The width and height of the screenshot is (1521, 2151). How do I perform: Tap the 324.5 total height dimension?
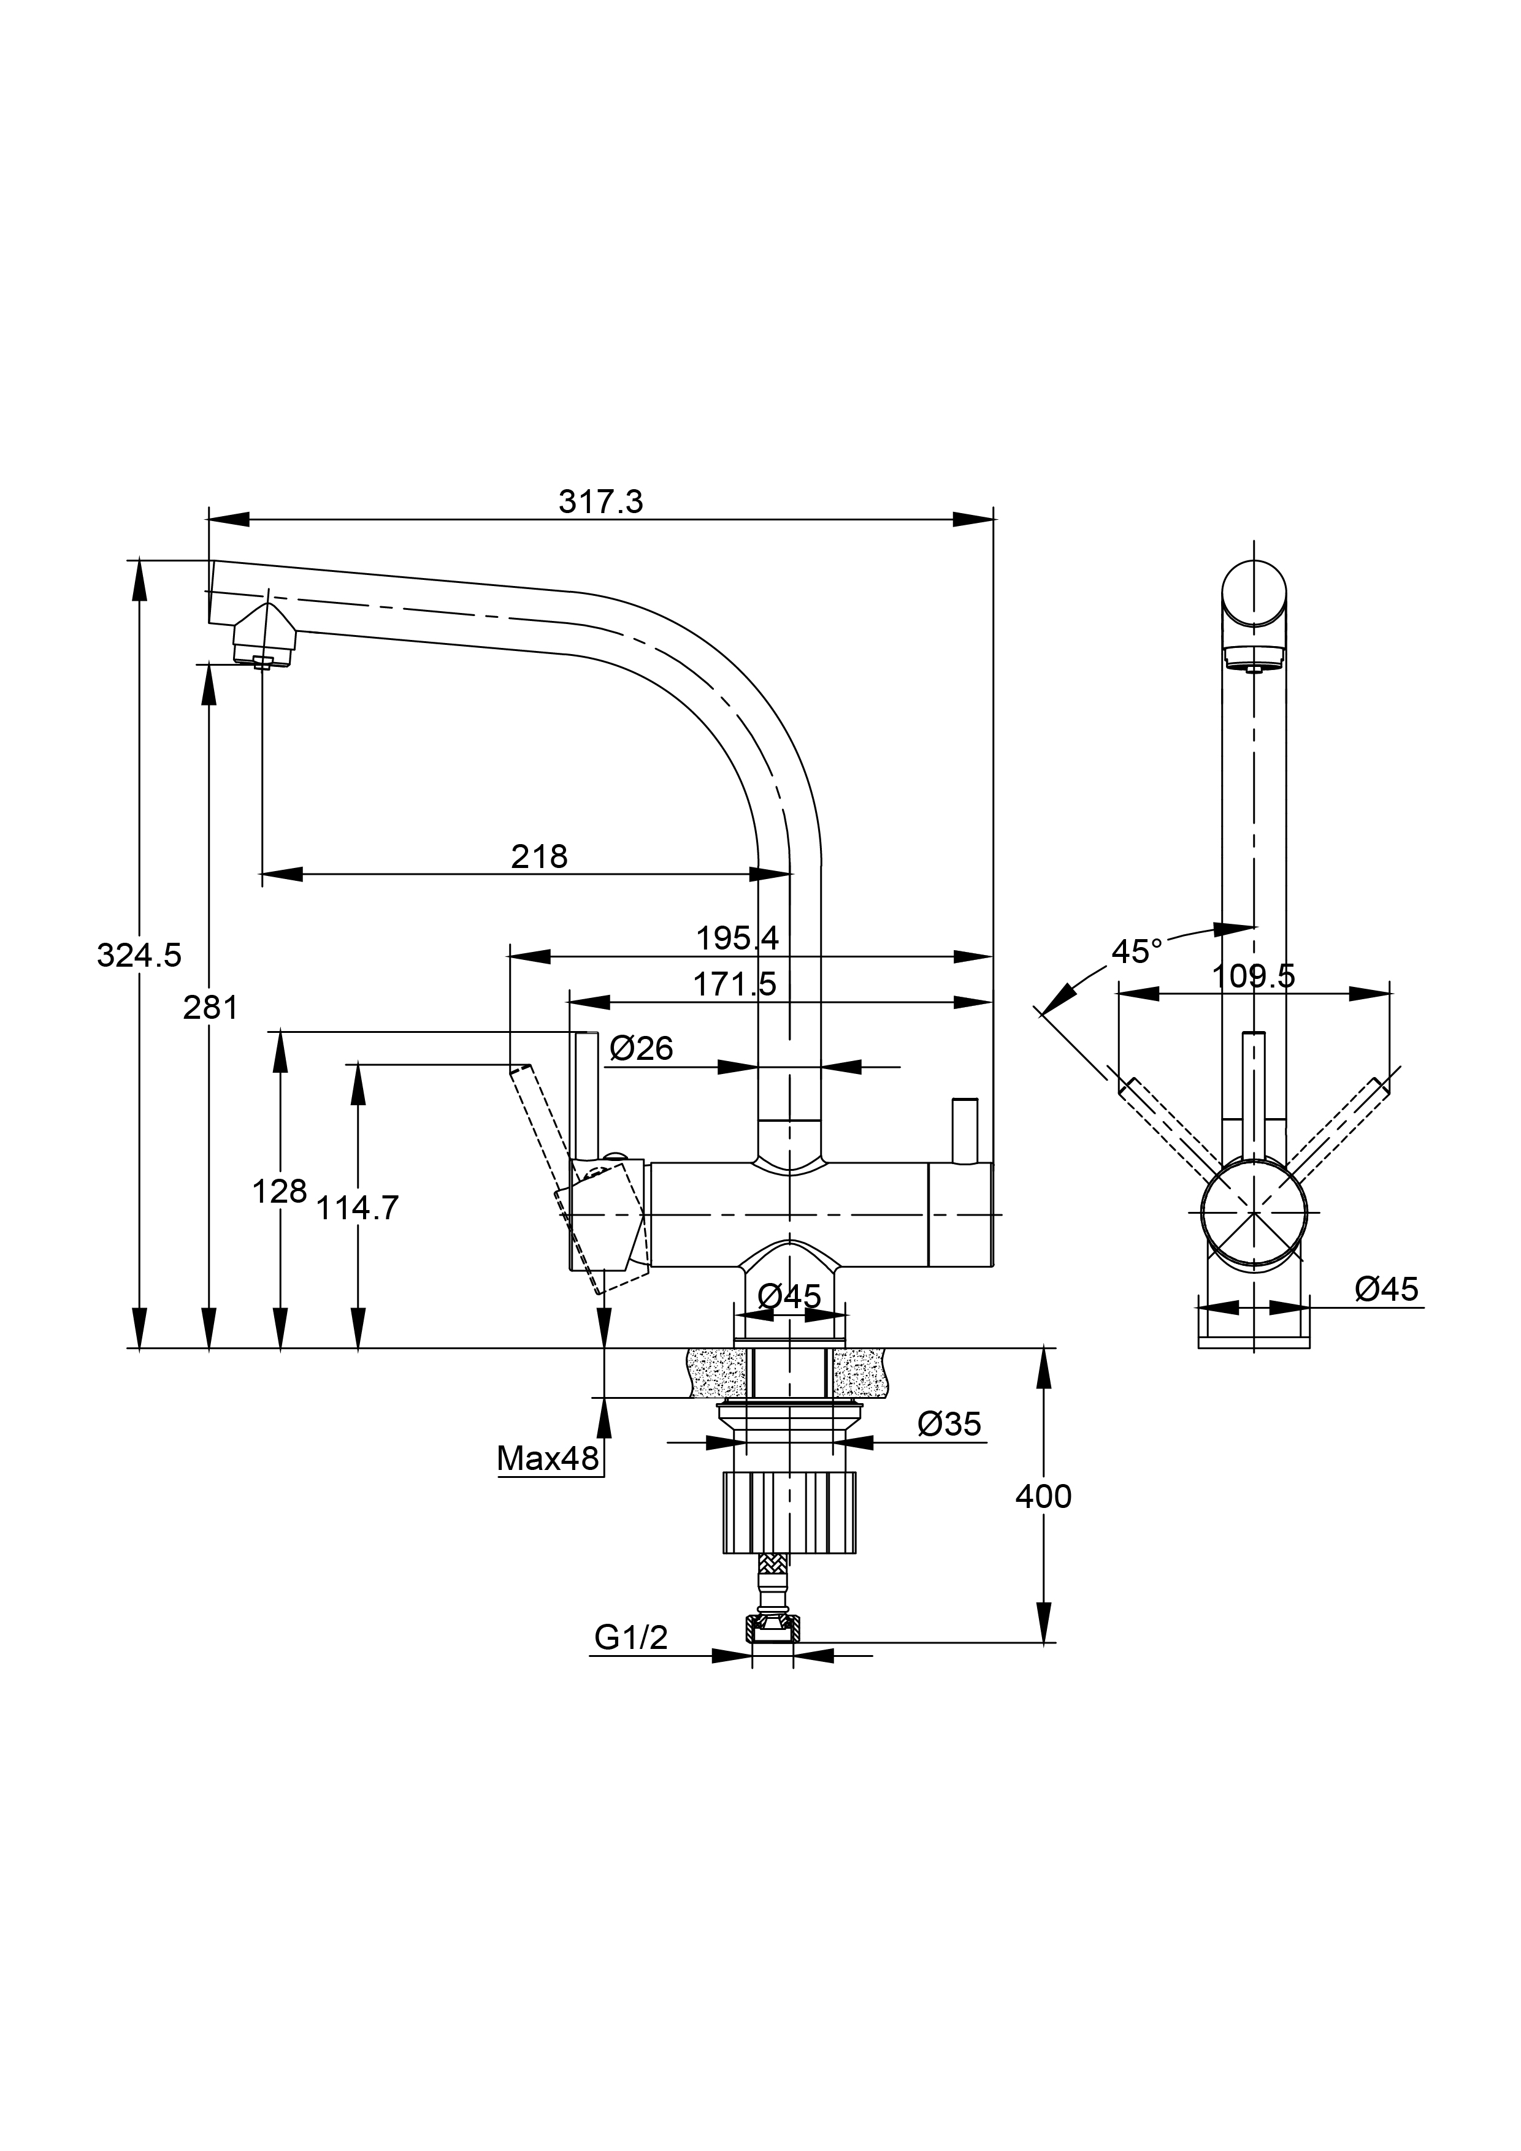click(x=139, y=956)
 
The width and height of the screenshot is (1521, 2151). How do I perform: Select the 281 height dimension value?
click(x=210, y=1008)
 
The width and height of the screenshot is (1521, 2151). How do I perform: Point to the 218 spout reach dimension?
click(x=539, y=856)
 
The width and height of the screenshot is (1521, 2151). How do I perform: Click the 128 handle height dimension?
click(x=279, y=1192)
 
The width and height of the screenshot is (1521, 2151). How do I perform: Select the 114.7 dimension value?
click(x=357, y=1209)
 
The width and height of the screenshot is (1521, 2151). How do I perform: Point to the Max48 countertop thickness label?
click(x=547, y=1459)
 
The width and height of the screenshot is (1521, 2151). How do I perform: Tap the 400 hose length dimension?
click(x=1043, y=1497)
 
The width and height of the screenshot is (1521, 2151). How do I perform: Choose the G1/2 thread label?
click(x=630, y=1637)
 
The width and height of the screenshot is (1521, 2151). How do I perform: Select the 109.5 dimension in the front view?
click(x=1253, y=976)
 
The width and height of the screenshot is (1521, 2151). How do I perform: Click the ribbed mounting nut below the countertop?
click(x=790, y=1514)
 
